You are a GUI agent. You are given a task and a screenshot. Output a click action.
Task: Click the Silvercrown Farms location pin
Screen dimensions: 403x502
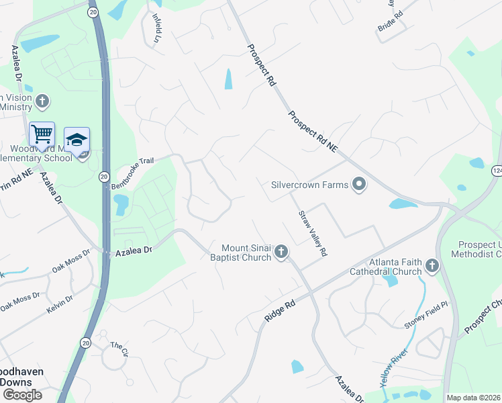point(359,184)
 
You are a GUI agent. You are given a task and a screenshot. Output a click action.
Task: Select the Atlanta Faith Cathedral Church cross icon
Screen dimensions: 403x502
point(432,267)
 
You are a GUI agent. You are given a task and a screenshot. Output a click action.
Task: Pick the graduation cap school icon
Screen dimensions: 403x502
point(77,139)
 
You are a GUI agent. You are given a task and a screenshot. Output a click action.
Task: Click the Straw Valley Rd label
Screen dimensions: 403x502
point(313,232)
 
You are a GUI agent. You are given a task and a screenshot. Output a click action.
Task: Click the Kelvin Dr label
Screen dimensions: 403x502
point(60,304)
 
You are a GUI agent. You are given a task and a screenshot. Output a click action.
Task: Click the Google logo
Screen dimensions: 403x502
point(21,394)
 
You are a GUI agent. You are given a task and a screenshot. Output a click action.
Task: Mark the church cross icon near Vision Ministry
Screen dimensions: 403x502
point(42,101)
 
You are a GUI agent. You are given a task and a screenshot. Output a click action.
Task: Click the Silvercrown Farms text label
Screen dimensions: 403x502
point(309,184)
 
